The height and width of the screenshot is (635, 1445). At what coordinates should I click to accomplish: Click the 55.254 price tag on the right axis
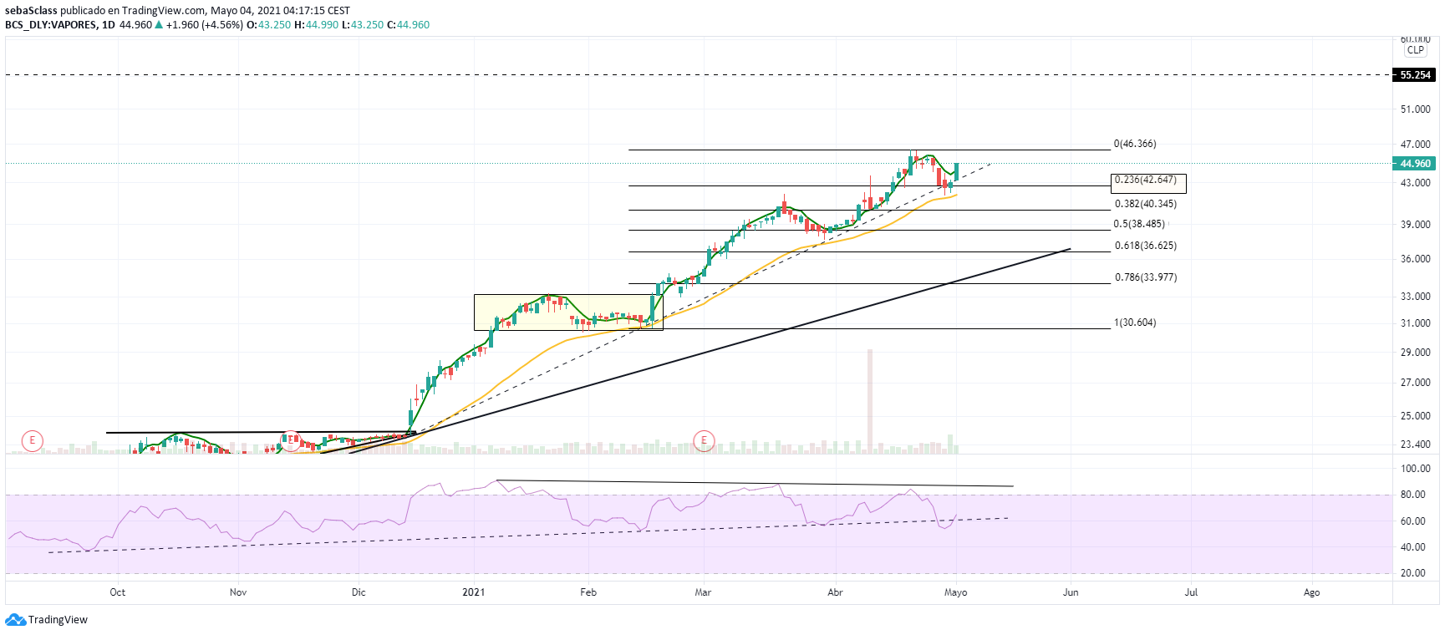[1414, 75]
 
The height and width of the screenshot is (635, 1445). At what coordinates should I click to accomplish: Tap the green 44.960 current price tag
[1414, 164]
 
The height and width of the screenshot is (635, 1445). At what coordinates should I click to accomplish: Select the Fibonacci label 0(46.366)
[1135, 144]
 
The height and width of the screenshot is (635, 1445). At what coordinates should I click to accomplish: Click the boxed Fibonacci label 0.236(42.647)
[1146, 180]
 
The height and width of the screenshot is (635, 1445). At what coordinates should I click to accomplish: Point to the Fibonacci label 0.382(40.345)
[1145, 204]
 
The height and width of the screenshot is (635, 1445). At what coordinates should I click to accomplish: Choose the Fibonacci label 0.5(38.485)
[1138, 224]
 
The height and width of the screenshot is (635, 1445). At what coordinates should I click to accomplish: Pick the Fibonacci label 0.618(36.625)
[1145, 246]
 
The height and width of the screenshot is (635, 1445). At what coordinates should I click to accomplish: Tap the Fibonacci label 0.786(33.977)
[1145, 277]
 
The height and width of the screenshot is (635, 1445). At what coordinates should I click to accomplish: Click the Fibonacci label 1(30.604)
[1135, 323]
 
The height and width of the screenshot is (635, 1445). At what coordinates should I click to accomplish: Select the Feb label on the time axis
[588, 592]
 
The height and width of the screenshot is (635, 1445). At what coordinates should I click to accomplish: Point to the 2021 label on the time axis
[473, 592]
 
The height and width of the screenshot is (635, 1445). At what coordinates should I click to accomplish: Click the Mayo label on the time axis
[955, 592]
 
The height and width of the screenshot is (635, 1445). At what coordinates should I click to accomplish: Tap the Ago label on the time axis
[1311, 592]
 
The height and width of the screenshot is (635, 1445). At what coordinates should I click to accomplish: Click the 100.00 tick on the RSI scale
[1414, 469]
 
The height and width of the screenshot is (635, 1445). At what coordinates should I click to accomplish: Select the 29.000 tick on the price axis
[1415, 353]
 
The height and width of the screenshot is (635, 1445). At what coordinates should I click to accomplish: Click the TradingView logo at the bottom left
[47, 620]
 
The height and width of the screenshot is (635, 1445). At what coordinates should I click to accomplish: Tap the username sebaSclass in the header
[31, 11]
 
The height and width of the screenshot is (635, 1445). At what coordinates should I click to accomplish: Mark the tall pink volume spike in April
[870, 401]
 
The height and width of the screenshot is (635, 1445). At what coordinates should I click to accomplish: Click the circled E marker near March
[705, 440]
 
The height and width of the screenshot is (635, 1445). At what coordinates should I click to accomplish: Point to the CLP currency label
[1415, 50]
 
